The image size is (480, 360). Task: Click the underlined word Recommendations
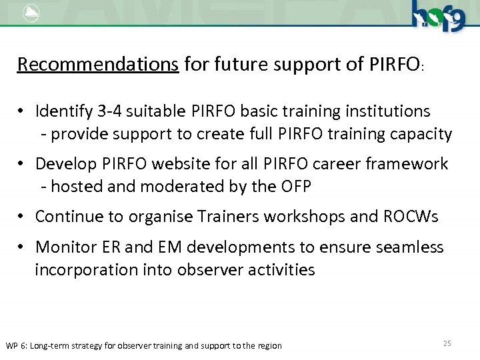98,65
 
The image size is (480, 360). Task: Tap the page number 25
447,343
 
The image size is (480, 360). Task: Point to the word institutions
390,111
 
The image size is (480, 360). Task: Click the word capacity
421,134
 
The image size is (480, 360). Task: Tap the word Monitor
63,247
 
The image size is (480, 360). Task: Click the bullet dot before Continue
23,217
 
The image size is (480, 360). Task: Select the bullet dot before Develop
23,164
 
